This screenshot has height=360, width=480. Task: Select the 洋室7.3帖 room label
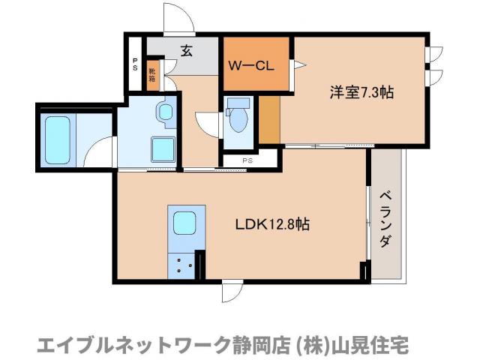(362, 93)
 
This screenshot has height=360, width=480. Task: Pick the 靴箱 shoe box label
(152, 76)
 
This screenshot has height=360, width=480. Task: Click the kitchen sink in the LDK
(184, 223)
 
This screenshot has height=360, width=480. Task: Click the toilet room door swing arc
(207, 122)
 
